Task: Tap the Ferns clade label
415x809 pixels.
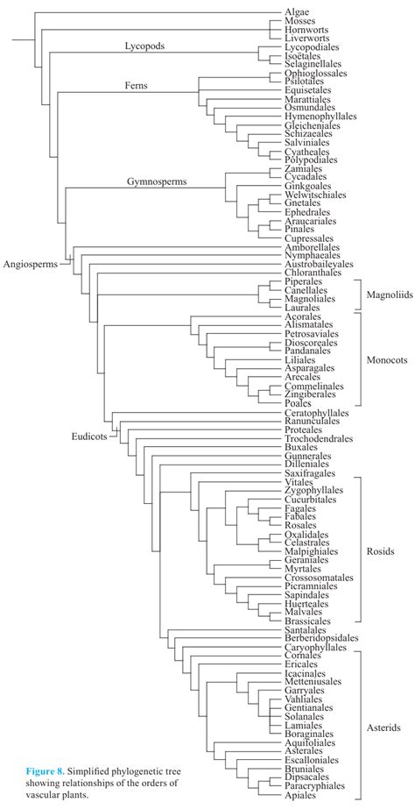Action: [x=136, y=86]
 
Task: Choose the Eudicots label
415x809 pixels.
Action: [x=89, y=436]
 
